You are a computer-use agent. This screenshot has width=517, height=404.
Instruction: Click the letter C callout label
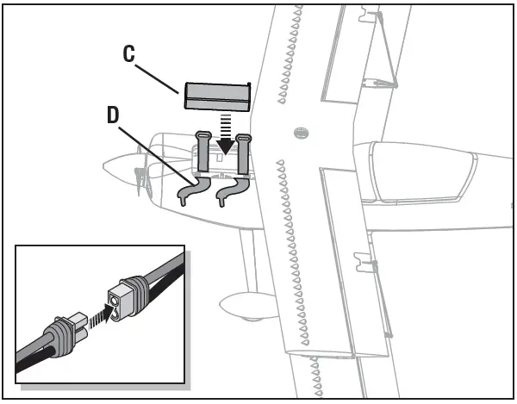[x=128, y=53]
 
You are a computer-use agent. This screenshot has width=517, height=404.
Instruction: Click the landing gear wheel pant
[x=243, y=304]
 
